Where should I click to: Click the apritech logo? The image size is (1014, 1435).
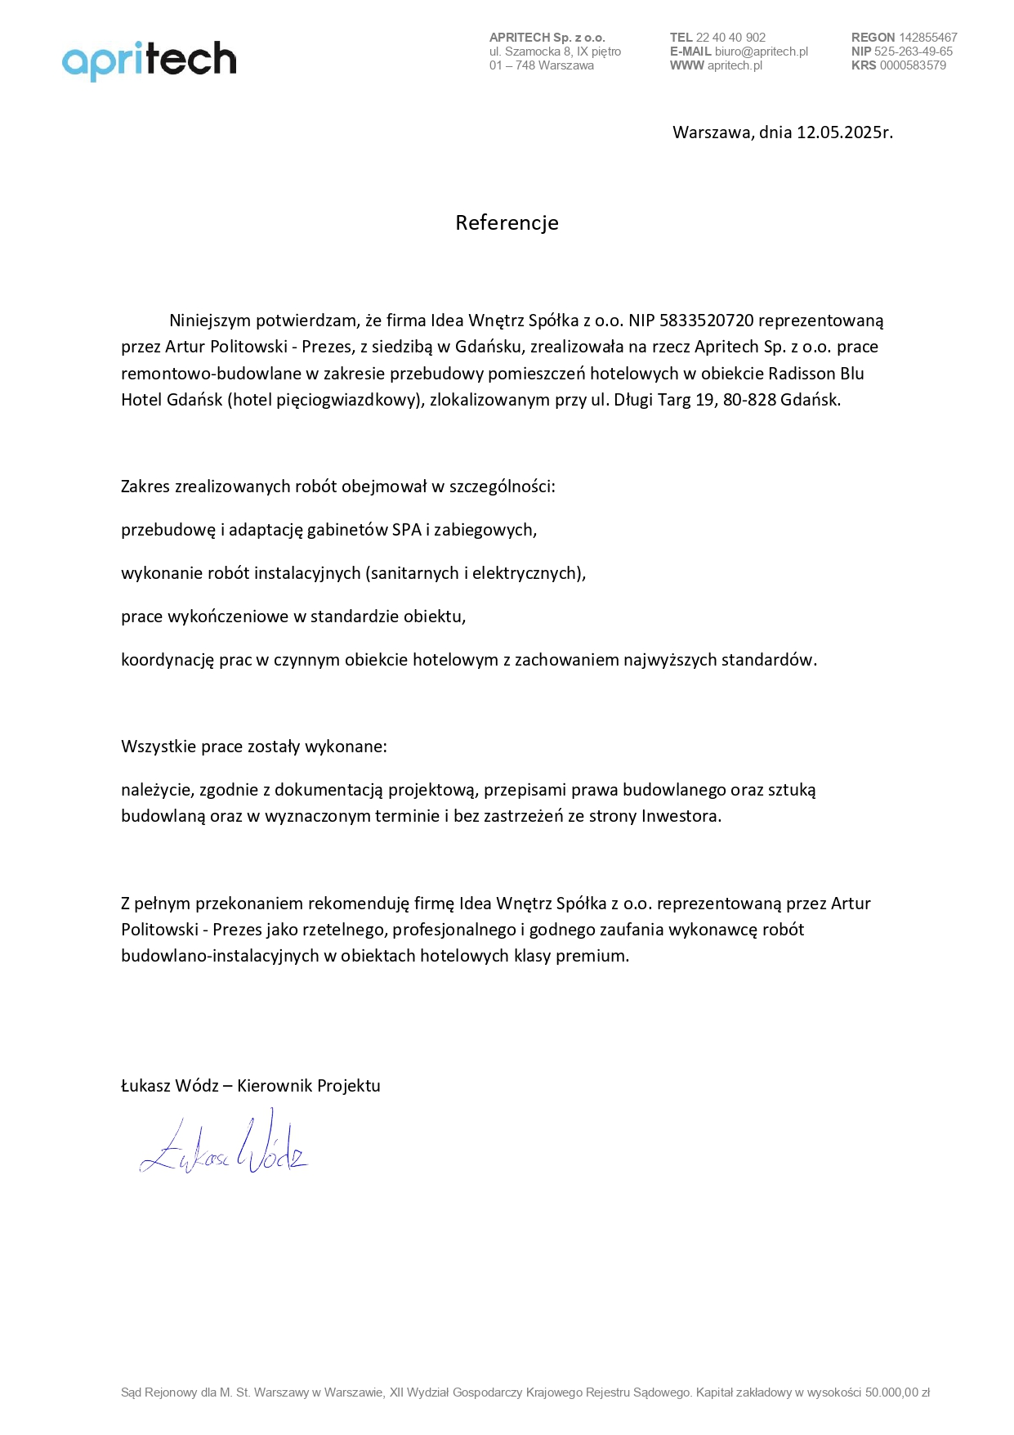[149, 60]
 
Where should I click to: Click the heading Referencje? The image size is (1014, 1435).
[507, 222]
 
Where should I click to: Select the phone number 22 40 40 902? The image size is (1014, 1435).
[730, 38]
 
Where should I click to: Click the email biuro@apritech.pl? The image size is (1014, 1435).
[761, 52]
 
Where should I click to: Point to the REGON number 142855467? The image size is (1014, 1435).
[927, 38]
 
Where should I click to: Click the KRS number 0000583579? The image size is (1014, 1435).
[913, 65]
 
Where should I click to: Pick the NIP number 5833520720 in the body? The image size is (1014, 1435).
[706, 321]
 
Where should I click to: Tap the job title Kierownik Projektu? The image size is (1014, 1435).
[308, 1086]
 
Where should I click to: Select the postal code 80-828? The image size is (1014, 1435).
[749, 400]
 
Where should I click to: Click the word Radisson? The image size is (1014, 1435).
[802, 374]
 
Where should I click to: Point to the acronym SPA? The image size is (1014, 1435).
[407, 530]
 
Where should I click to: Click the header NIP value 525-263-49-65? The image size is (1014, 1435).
[913, 52]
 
